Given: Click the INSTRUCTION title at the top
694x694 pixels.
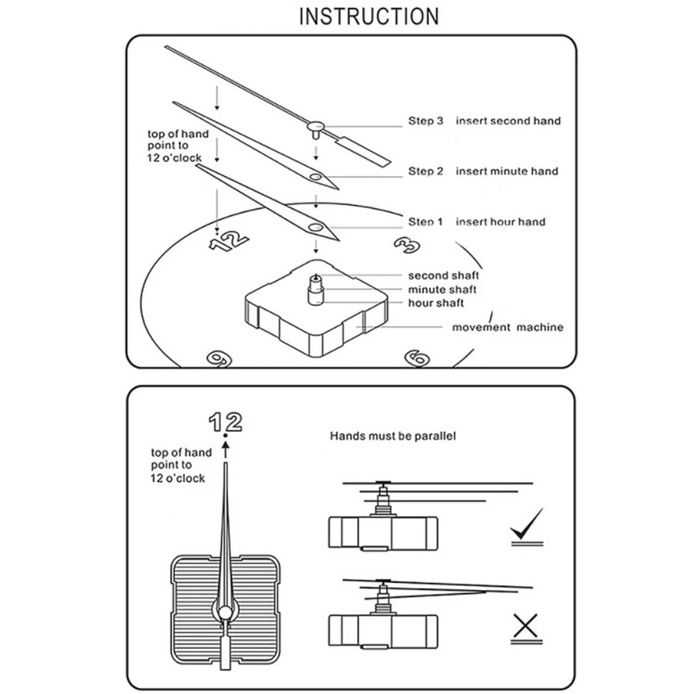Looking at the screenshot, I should point(368,16).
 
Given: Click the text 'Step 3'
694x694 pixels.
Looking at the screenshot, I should point(425,121).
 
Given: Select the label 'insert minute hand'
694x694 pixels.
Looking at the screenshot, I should point(506,171).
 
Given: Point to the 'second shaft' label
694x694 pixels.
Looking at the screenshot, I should point(443,276).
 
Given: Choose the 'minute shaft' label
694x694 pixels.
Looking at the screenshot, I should point(442,290).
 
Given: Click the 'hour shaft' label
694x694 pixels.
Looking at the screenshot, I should point(436,303).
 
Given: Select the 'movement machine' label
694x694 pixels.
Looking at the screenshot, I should point(508,327).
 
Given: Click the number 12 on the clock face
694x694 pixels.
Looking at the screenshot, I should point(229,241).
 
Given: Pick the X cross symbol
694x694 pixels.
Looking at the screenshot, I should point(526,627).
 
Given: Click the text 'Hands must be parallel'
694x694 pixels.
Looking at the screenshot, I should point(392,437).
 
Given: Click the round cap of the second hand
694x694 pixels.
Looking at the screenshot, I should point(315,126).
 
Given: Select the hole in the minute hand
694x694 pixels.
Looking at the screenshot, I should point(316,177).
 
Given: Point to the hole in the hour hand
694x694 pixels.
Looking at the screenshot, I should point(316,227).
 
